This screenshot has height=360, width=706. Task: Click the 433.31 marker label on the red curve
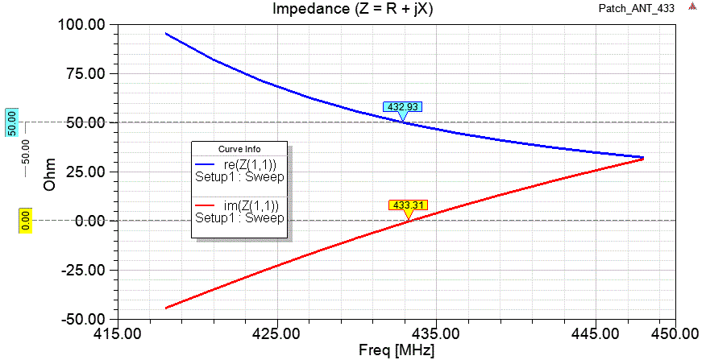[408, 205]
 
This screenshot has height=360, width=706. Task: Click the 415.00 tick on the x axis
[117, 333]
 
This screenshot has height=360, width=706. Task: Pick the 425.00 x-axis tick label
[276, 333]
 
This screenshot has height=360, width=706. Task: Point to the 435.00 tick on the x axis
[435, 333]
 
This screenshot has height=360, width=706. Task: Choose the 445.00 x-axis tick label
[595, 333]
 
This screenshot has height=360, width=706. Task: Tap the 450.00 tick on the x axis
[674, 333]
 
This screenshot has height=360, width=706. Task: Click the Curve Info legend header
[240, 149]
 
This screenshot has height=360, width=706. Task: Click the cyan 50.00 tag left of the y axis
[12, 122]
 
